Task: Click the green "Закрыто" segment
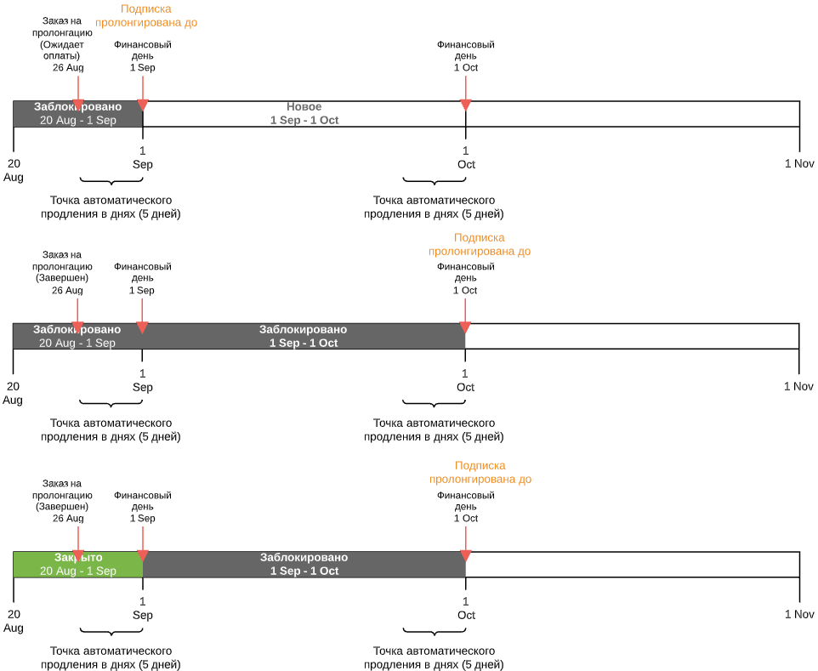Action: [x=77, y=565]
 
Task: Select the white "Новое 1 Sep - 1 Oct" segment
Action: [x=304, y=114]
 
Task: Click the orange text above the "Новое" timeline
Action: [x=146, y=16]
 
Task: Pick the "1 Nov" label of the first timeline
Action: [x=798, y=163]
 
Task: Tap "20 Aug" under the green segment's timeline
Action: [x=14, y=621]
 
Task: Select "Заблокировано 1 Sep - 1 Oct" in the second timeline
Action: [x=304, y=337]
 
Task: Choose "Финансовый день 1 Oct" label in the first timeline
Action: [x=465, y=56]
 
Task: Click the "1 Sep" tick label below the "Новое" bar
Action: [x=142, y=158]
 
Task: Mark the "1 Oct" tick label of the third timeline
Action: [x=465, y=609]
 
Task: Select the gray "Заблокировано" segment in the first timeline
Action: [x=77, y=114]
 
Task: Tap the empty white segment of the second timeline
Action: [x=632, y=337]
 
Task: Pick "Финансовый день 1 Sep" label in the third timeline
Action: [x=142, y=507]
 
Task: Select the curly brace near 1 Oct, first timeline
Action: [x=434, y=181]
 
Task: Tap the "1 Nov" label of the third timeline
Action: [x=798, y=614]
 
